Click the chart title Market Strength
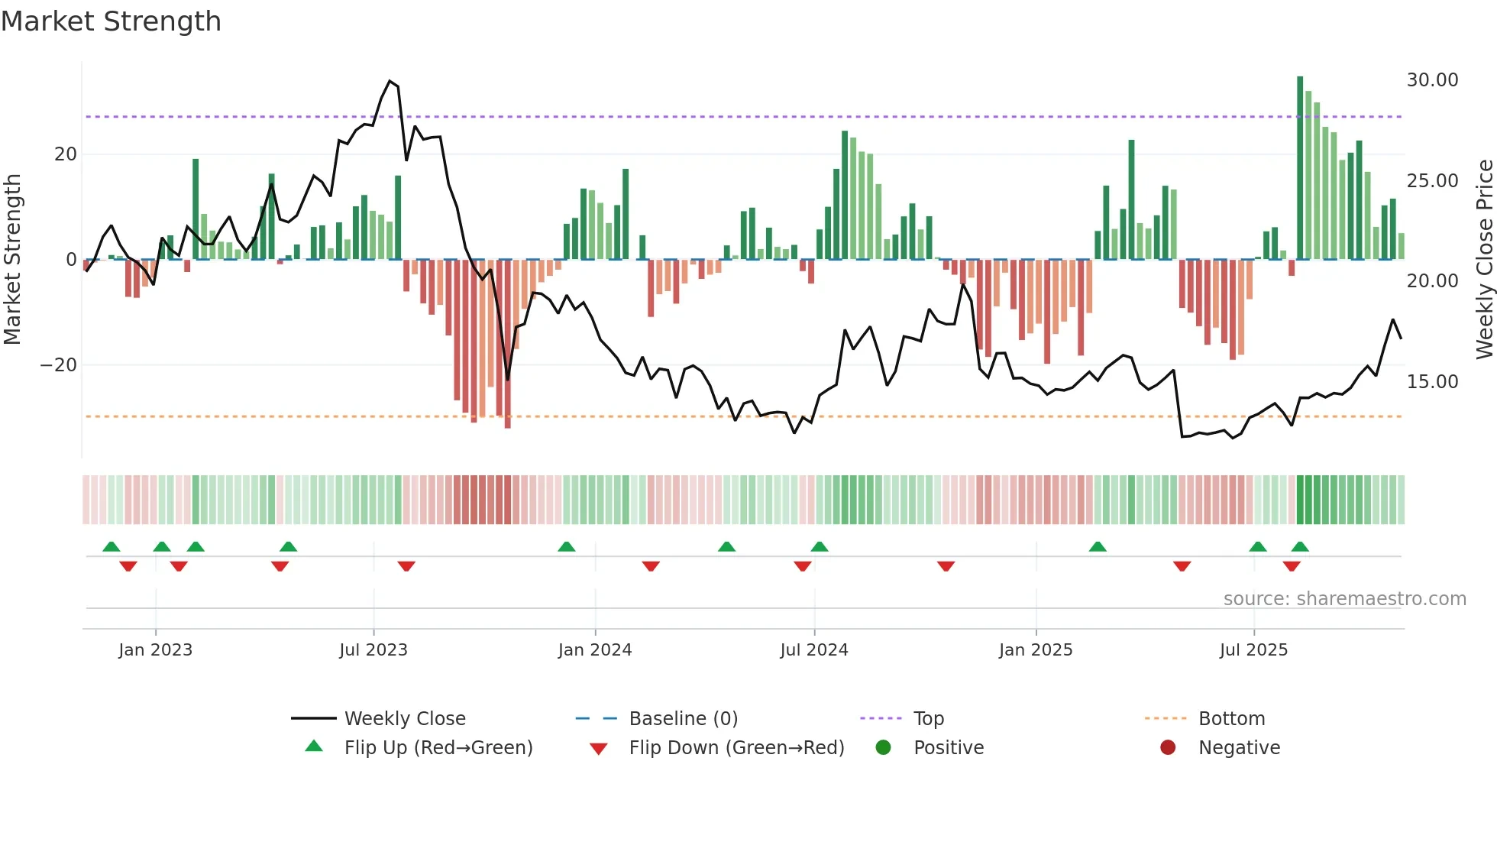click(x=111, y=21)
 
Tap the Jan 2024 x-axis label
click(x=595, y=650)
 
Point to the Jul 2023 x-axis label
click(x=373, y=650)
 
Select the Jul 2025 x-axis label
click(x=1253, y=650)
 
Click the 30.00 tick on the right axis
click(x=1432, y=80)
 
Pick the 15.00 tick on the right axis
click(x=1432, y=382)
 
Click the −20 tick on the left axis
click(x=59, y=365)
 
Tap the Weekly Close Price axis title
click(x=1484, y=259)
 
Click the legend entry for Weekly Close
click(x=404, y=719)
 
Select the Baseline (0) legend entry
click(x=683, y=719)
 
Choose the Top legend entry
click(x=928, y=719)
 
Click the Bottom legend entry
click(x=1231, y=719)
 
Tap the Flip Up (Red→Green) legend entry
click(x=438, y=748)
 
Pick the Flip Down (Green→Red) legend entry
click(x=736, y=748)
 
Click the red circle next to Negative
click(x=1168, y=748)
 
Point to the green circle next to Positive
click(x=883, y=748)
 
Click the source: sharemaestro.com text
click(x=1344, y=599)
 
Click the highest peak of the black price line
click(x=390, y=81)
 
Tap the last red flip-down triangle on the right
click(x=1292, y=566)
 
